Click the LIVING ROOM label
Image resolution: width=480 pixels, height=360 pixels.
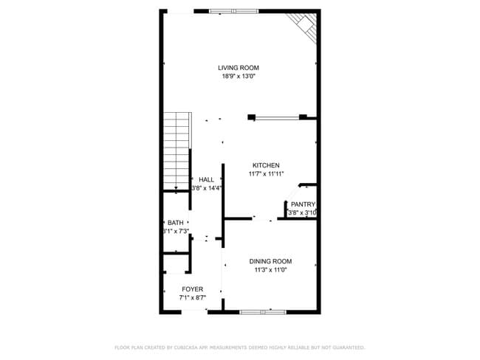coord(238,67)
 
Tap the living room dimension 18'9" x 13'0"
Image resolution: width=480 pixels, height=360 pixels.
coord(238,76)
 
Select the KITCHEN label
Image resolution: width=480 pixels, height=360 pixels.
coord(265,165)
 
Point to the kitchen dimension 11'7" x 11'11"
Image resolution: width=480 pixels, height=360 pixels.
coord(265,174)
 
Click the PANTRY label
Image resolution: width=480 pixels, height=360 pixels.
coord(303,204)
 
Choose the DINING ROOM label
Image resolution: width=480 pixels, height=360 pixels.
coord(270,261)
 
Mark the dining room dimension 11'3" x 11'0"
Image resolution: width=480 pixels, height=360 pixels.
coord(270,270)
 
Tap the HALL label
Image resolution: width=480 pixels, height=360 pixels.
coord(207,179)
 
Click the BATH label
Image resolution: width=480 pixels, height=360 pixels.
coord(175,223)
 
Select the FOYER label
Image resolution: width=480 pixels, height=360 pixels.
coord(192,289)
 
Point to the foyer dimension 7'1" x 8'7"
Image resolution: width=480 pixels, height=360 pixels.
coord(192,298)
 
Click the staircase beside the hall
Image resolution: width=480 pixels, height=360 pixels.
coord(176,151)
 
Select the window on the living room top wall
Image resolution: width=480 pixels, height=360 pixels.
coord(233,11)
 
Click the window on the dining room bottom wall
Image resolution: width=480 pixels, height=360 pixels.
coord(262,312)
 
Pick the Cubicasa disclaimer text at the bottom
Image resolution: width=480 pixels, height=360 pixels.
coord(239,347)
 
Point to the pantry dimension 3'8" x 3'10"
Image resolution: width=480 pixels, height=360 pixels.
coord(302,213)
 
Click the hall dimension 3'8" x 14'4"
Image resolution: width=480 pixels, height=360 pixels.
coord(207,188)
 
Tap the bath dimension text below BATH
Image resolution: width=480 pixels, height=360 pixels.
coord(176,232)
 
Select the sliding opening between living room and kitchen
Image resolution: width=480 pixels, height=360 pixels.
coord(277,116)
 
